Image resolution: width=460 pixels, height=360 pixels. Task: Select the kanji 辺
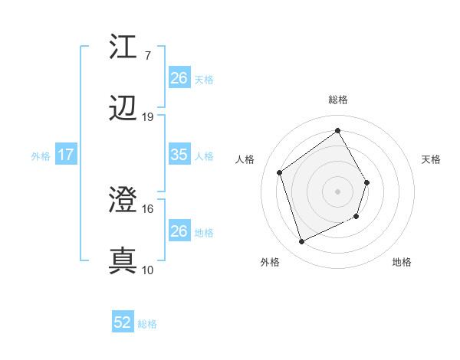tap(123, 110)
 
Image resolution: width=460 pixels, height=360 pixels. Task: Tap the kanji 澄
tap(123, 201)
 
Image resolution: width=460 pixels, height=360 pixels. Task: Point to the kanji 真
tap(123, 261)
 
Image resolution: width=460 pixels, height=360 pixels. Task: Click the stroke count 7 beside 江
tap(147, 56)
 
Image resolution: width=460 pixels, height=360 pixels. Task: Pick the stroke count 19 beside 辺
tap(147, 117)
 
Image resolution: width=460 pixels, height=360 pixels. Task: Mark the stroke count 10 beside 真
tap(147, 270)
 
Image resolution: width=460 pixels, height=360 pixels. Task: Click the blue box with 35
tap(179, 155)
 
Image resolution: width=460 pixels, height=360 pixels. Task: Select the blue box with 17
tap(65, 155)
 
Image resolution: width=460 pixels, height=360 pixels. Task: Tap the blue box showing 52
tap(123, 322)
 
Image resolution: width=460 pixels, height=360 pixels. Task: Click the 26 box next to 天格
tap(179, 77)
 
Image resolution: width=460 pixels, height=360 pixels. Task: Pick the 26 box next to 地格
tap(179, 231)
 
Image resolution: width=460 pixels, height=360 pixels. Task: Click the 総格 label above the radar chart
tap(337, 100)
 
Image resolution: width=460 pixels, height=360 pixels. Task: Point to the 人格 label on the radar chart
tap(245, 159)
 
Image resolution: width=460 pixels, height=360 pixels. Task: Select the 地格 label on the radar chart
tap(402, 262)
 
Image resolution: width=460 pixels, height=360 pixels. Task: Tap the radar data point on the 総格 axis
tap(337, 130)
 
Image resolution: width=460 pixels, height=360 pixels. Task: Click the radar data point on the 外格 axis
tap(301, 242)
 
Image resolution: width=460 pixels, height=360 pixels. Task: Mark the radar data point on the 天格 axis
tap(367, 182)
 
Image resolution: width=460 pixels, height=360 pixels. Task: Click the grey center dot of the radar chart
tap(337, 191)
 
